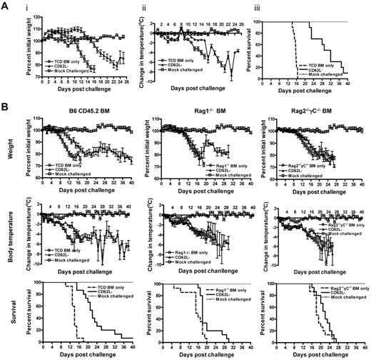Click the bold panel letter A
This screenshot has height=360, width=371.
[x=6, y=6]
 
